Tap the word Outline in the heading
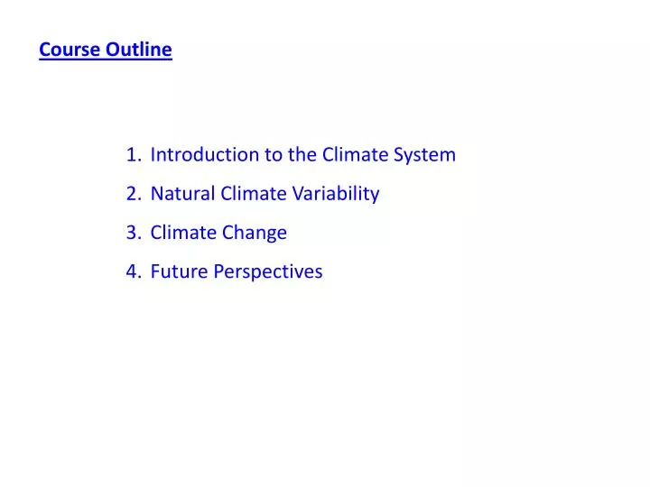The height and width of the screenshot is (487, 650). pyautogui.click(x=138, y=50)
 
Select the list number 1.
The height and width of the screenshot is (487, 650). pyautogui.click(x=133, y=154)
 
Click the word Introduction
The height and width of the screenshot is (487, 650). pyautogui.click(x=205, y=154)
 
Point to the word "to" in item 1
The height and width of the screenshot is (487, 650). pyautogui.click(x=274, y=154)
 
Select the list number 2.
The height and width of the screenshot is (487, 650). pyautogui.click(x=133, y=193)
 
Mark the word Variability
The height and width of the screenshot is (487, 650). pyautogui.click(x=336, y=193)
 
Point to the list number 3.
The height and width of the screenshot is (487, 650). pyautogui.click(x=133, y=233)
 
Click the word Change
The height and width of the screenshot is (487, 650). pyautogui.click(x=255, y=233)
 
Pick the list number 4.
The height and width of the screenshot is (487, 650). pyautogui.click(x=133, y=271)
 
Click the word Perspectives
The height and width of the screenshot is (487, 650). pyautogui.click(x=268, y=271)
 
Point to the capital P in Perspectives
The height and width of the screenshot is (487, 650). pyautogui.click(x=218, y=271)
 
